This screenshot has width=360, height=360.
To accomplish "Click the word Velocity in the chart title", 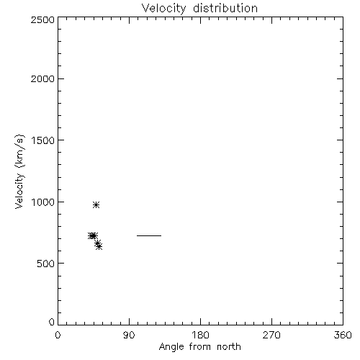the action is [x=163, y=9].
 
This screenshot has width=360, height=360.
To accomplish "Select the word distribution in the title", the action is [x=225, y=8].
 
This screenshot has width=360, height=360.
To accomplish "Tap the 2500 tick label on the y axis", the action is [x=42, y=19].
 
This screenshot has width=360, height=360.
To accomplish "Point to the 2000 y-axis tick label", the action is [x=42, y=78].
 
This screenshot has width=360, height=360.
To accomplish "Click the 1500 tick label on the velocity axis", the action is [x=43, y=140].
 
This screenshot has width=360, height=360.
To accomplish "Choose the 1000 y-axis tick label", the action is [x=43, y=202].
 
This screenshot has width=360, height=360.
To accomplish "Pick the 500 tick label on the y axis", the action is [x=46, y=264].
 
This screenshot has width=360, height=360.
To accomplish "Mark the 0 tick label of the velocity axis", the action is [x=52, y=322].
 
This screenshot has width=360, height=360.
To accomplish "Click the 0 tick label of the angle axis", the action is [x=58, y=335].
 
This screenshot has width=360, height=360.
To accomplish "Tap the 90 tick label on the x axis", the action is [x=129, y=335].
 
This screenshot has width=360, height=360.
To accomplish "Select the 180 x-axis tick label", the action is [x=200, y=335].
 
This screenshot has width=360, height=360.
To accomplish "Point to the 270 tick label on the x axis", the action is [x=271, y=335].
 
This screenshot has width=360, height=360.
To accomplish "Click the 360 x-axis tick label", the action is [x=343, y=335].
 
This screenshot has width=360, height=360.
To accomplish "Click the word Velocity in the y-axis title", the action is [x=19, y=190].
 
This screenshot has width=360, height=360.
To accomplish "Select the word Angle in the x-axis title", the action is [x=171, y=347].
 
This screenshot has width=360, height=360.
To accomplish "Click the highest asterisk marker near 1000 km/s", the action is [x=96, y=204].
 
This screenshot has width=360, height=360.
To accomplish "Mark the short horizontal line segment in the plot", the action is [x=149, y=235].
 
